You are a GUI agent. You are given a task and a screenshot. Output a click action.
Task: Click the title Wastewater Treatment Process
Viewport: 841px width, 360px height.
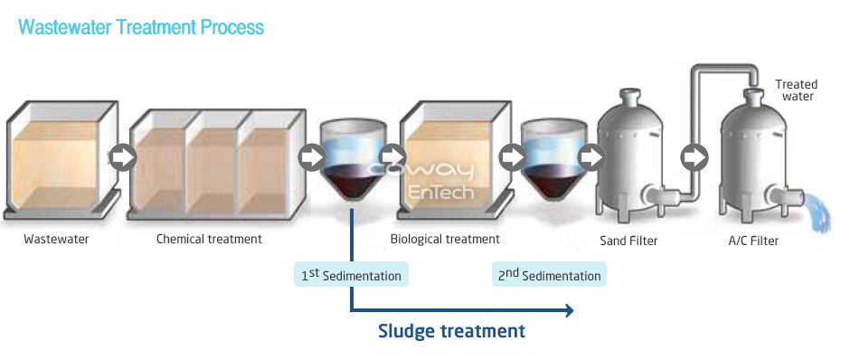(x=141, y=27)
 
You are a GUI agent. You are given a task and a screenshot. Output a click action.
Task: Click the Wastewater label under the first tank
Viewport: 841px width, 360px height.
(x=56, y=240)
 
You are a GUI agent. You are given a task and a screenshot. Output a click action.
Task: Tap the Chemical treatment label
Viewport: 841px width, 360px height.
(x=209, y=239)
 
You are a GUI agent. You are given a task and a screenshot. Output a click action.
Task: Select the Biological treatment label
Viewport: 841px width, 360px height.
(x=445, y=239)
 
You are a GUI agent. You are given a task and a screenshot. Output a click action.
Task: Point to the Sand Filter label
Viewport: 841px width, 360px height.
(x=628, y=241)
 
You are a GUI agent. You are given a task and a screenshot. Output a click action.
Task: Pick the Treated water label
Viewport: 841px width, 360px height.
(x=797, y=90)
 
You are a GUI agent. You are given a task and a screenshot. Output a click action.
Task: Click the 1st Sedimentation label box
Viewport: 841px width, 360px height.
(x=351, y=274)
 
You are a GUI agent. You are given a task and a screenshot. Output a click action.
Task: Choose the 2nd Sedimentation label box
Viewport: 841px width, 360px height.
(x=549, y=274)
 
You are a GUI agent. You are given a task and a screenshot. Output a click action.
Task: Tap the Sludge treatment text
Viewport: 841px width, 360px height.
(x=451, y=330)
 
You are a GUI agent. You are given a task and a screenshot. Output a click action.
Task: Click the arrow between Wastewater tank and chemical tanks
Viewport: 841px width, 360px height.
(x=123, y=157)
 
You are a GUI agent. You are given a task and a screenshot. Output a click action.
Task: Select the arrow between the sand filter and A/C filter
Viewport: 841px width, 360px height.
(x=695, y=157)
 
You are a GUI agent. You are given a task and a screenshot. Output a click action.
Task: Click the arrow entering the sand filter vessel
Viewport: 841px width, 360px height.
(x=591, y=157)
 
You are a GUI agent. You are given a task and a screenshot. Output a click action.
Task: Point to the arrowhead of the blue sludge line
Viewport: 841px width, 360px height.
(x=569, y=310)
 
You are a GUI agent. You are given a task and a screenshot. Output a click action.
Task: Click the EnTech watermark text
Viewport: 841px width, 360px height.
(x=441, y=192)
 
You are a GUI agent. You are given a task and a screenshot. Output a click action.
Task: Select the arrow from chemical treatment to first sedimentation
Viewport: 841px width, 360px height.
(x=312, y=157)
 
